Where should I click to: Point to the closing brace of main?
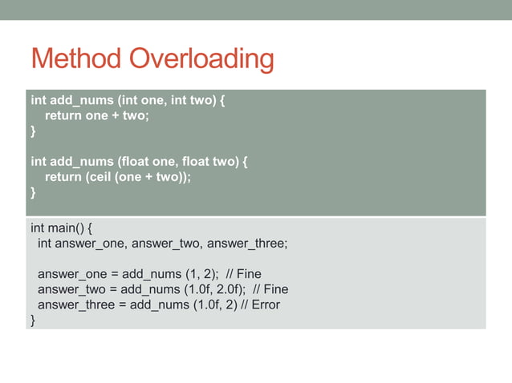pos(33,321)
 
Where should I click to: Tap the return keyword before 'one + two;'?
pos(63,115)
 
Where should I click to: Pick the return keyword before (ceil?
pos(63,178)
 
